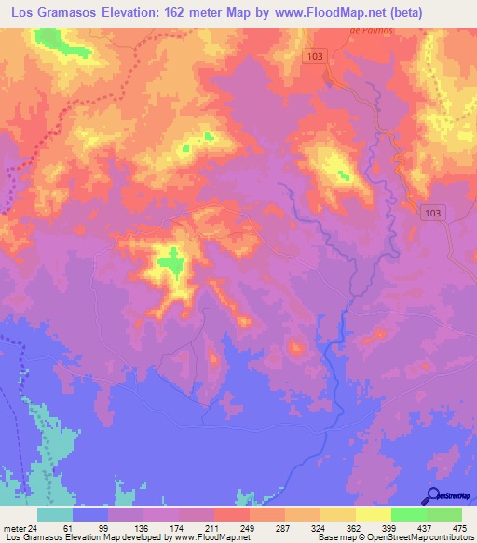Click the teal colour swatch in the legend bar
click(x=55, y=514)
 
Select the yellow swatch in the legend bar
click(x=373, y=514)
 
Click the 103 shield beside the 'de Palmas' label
click(x=317, y=58)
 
